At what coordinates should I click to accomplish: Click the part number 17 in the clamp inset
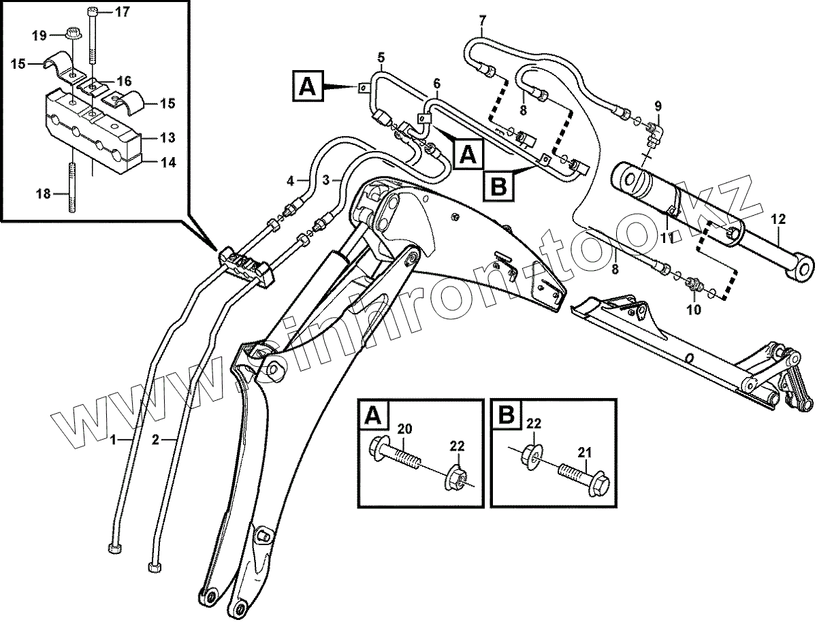tap(121, 12)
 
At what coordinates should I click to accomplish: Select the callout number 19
tap(39, 34)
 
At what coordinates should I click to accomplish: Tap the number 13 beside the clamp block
tap(167, 138)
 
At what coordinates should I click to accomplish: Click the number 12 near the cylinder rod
tap(778, 219)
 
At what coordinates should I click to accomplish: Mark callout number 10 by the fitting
tap(693, 310)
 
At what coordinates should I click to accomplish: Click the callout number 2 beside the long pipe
tap(155, 440)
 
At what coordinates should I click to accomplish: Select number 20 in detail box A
tap(404, 429)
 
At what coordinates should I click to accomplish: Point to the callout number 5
tap(381, 56)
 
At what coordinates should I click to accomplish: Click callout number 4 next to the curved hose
tap(290, 181)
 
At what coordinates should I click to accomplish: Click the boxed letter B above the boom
tap(499, 184)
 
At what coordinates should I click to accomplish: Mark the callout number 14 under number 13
tap(167, 162)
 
